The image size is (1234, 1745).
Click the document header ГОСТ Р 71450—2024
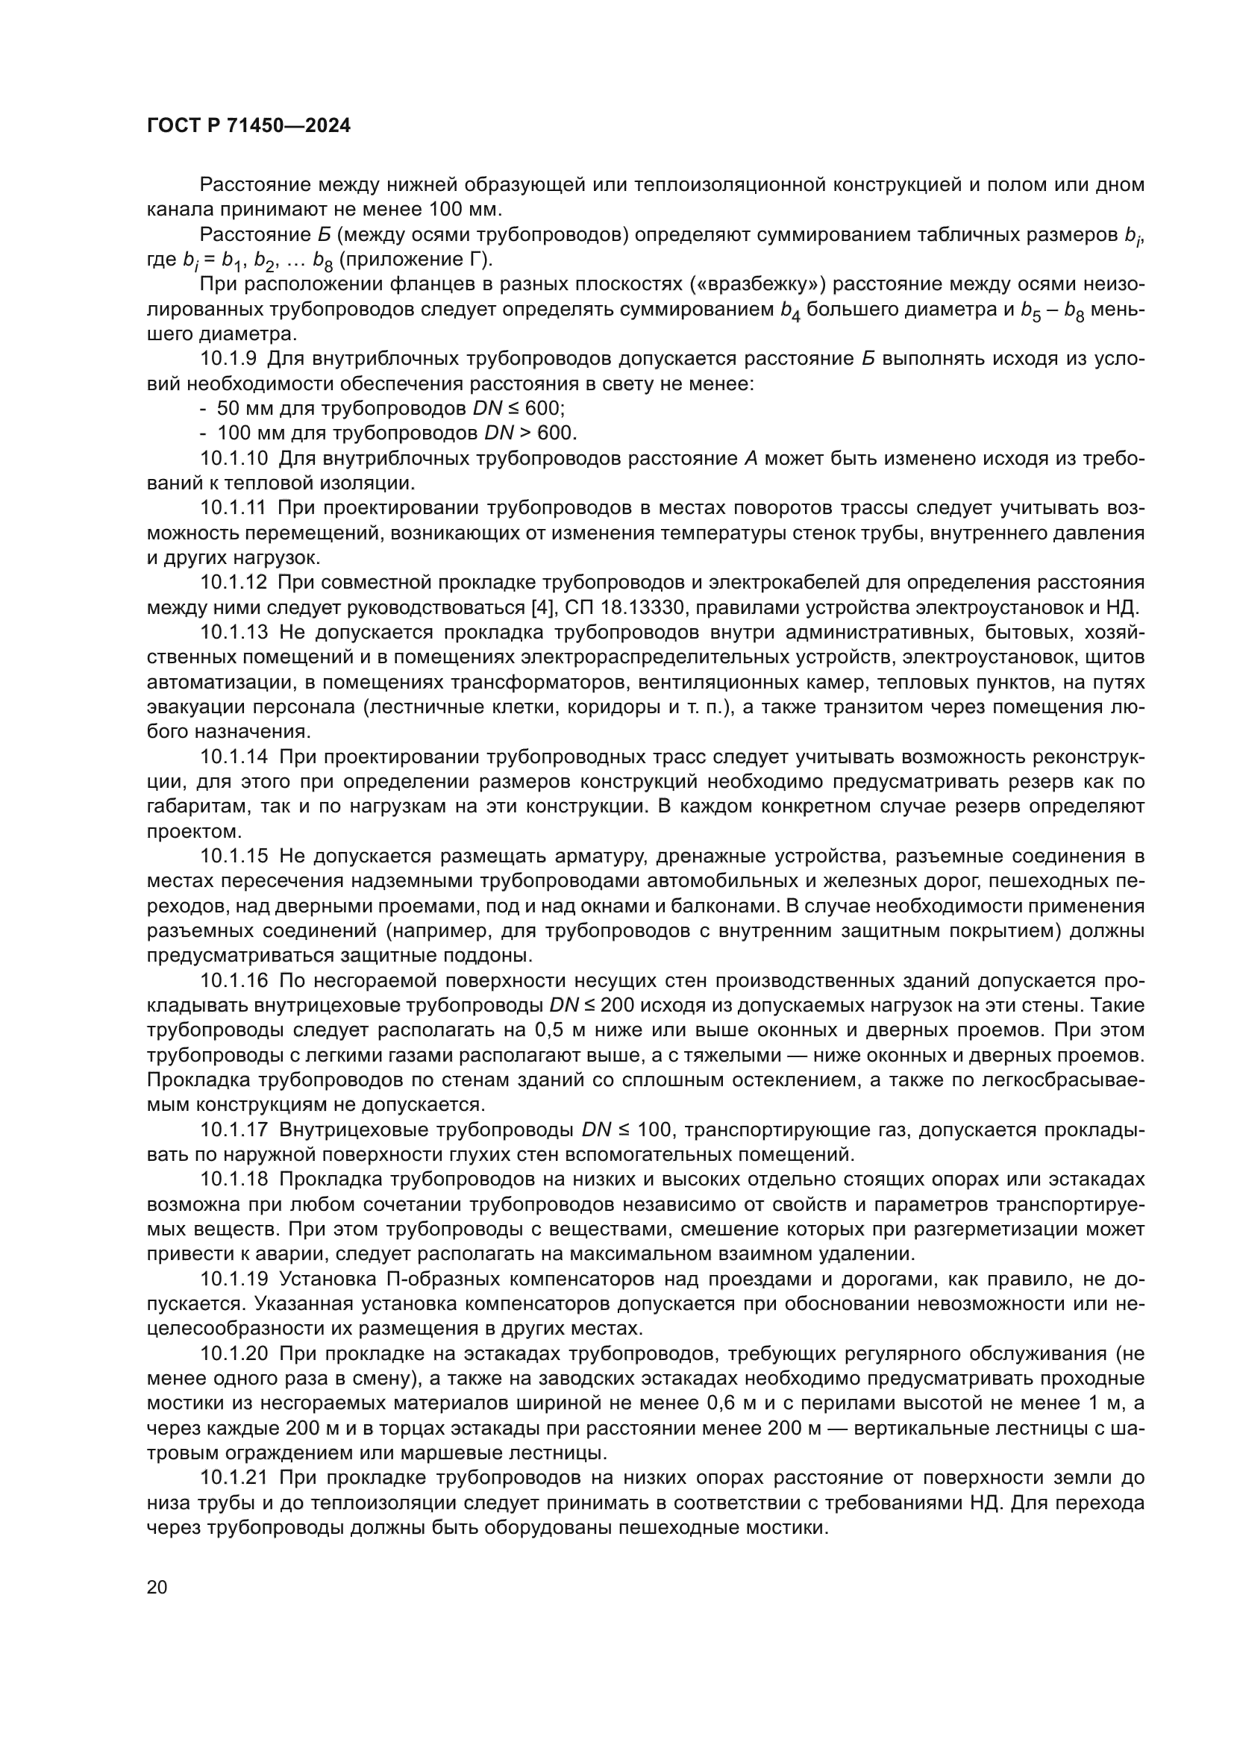point(248,126)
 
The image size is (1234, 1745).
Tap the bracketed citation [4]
point(542,607)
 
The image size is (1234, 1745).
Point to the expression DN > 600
point(530,433)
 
